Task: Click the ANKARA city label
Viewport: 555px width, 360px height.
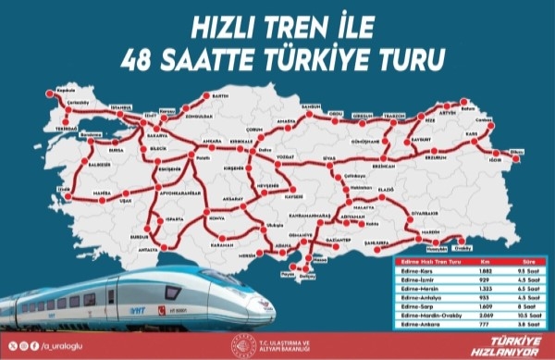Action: click(211, 142)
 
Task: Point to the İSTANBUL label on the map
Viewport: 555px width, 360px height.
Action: click(122, 106)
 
